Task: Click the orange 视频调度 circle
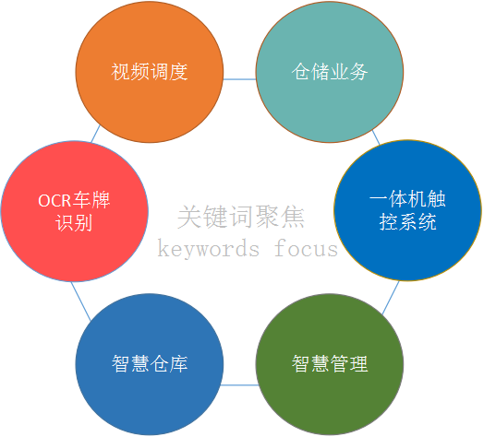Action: coord(150,72)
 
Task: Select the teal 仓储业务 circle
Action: coord(330,72)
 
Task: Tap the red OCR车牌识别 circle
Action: coord(75,211)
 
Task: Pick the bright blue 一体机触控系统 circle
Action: coord(407,210)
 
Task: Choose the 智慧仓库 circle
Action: coord(150,364)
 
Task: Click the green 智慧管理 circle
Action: coord(330,364)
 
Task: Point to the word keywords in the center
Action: coord(209,248)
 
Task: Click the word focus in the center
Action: coord(307,248)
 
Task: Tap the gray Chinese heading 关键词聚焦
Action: coord(241,217)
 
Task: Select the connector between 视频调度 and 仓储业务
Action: coord(239,79)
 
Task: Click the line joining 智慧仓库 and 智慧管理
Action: coord(239,385)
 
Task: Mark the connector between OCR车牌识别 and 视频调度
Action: coord(95,134)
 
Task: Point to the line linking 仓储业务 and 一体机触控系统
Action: coord(376,137)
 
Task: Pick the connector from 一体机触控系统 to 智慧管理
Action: coord(391,298)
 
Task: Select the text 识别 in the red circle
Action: coord(74,222)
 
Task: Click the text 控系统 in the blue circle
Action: coord(407,221)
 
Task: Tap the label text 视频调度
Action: coord(150,72)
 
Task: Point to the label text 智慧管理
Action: coord(330,363)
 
